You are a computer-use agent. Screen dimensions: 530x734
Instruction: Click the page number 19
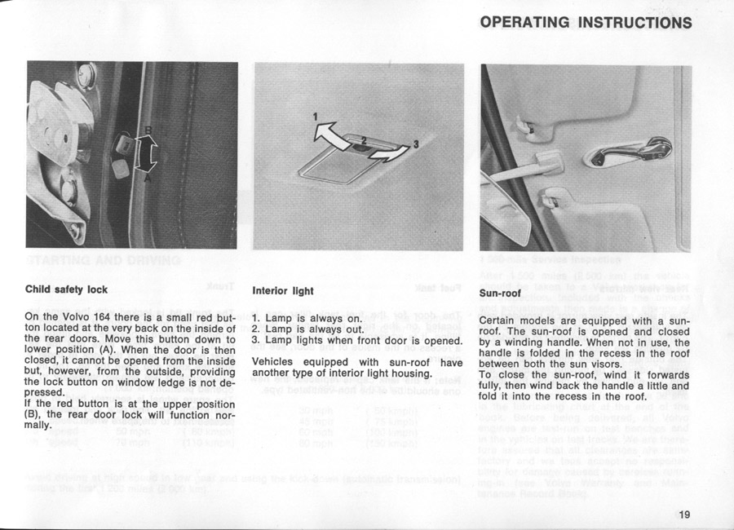pos(683,514)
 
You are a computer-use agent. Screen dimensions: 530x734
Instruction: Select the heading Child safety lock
pos(66,289)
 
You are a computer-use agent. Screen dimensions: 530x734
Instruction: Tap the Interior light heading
pos(283,290)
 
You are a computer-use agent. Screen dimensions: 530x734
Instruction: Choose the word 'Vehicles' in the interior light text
pos(276,362)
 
